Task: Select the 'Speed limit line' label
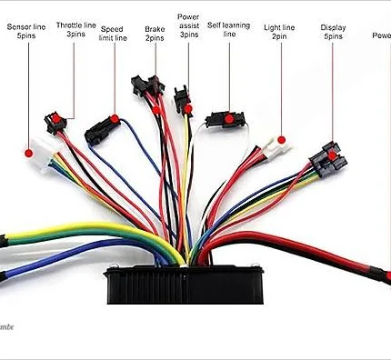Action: point(114,34)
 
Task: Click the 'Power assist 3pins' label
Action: point(188,28)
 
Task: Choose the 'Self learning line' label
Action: point(228,28)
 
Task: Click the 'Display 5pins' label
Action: point(333,33)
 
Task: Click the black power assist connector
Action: point(184,102)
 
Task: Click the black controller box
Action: point(185,283)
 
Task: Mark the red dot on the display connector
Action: point(332,155)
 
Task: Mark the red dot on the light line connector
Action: point(282,141)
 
